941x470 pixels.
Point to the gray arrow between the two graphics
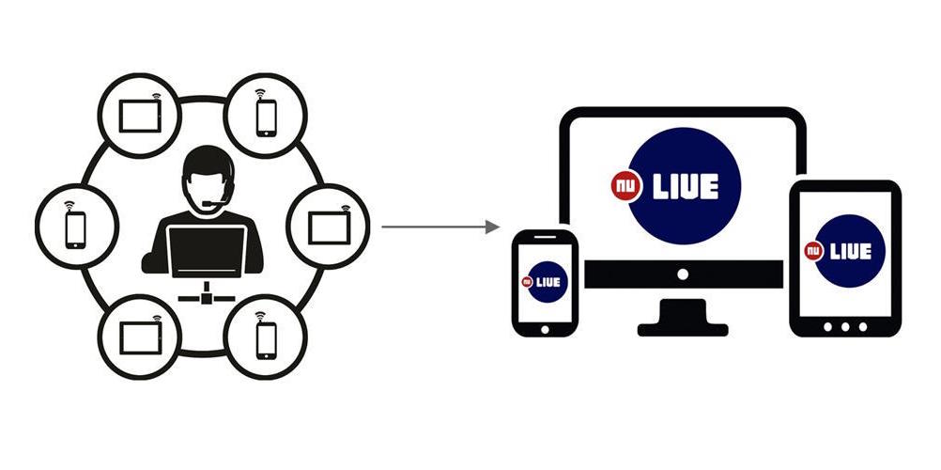[440, 227]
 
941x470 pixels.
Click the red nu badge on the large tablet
[813, 251]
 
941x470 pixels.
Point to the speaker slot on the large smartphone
[544, 239]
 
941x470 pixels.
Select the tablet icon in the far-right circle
[330, 227]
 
